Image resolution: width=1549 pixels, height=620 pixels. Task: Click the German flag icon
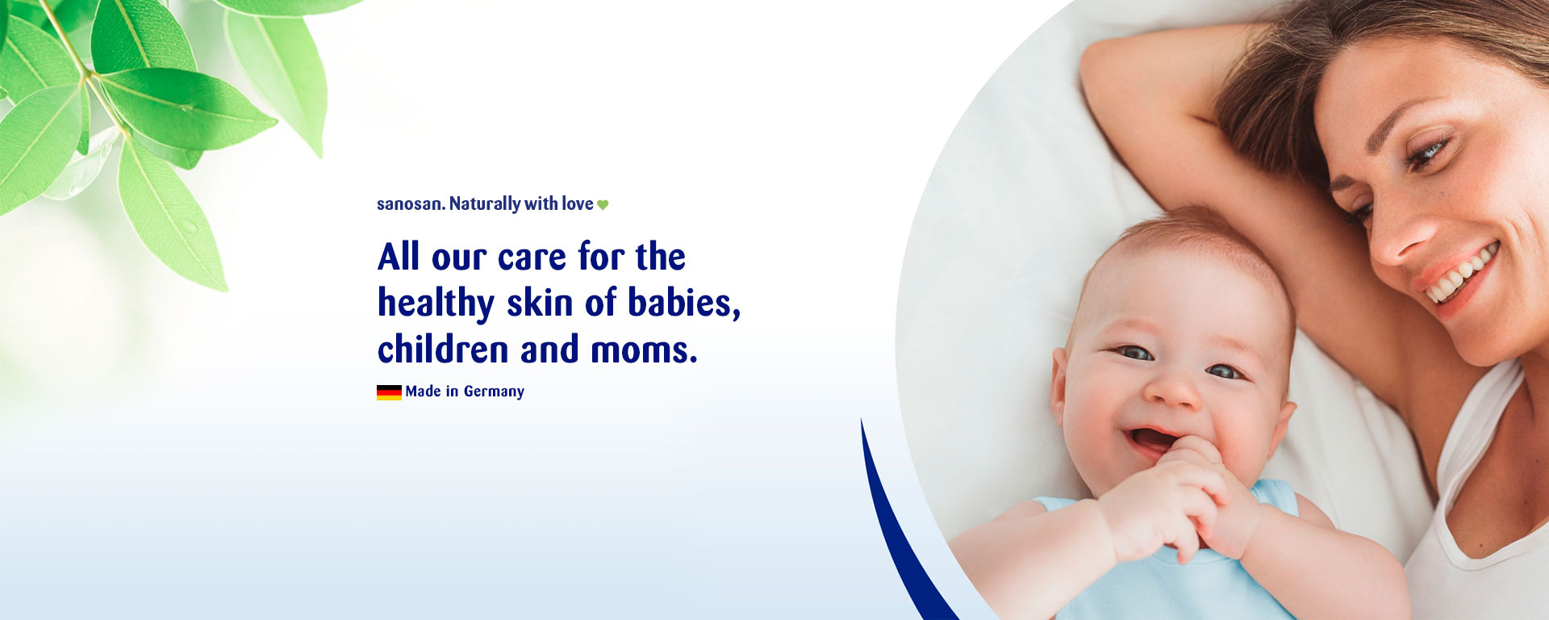point(389,392)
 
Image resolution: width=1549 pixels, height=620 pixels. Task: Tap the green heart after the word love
point(603,205)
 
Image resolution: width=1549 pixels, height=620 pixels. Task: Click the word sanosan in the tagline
point(410,204)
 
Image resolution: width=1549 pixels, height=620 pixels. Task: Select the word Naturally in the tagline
point(485,204)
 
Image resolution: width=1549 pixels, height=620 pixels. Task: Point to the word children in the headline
point(443,350)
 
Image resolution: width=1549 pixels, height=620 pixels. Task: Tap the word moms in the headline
point(641,350)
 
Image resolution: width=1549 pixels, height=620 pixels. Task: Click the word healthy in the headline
point(436,304)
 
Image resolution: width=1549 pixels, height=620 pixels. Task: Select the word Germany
point(494,392)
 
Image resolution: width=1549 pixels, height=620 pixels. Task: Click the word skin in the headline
point(540,304)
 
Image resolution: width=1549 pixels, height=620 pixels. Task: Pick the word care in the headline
point(532,258)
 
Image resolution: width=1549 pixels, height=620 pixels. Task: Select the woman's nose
point(1400,238)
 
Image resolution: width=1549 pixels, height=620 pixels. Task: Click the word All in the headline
point(399,258)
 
